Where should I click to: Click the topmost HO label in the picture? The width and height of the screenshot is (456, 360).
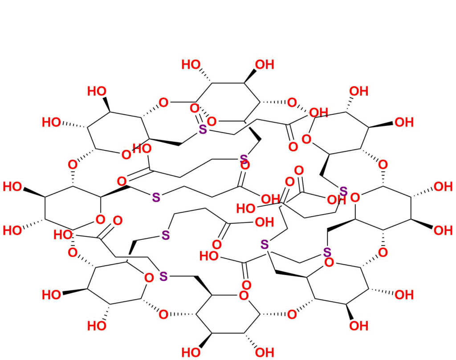click(191, 65)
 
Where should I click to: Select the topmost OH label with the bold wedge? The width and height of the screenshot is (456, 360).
click(265, 65)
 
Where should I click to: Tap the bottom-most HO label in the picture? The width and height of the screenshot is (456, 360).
click(191, 353)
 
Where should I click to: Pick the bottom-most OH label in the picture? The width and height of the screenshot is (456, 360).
click(265, 353)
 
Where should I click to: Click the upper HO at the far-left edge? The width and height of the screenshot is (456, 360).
click(12, 186)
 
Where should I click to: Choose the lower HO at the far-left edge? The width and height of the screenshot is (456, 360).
click(12, 230)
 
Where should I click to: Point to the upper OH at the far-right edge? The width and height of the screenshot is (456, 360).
click(443, 186)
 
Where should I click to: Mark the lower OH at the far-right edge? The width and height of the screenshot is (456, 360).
click(443, 230)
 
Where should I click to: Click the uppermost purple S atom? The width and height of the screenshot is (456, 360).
click(203, 130)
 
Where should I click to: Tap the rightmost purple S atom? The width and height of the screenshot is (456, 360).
click(343, 192)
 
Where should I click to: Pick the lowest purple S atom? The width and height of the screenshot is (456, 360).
click(163, 276)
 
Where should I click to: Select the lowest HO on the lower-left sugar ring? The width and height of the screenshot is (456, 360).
click(97, 326)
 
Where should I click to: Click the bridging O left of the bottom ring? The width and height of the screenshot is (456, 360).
click(163, 315)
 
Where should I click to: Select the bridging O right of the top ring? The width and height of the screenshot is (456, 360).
click(292, 103)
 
